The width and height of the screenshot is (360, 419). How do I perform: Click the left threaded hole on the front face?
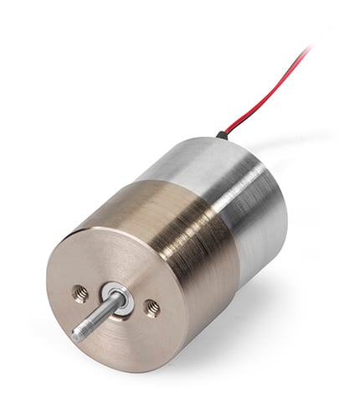[x=81, y=292]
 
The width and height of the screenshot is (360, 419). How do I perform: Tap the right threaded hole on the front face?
[x=152, y=308]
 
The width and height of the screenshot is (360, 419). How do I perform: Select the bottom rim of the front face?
[x=126, y=365]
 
